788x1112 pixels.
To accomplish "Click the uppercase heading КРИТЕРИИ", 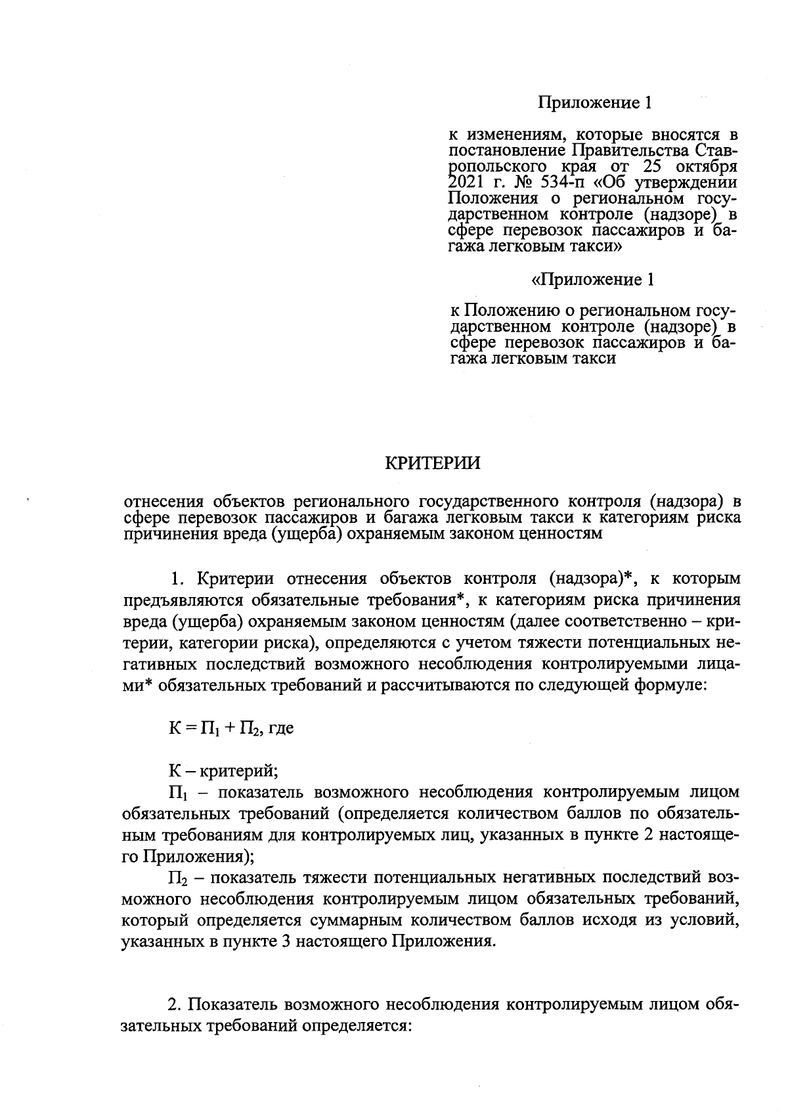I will [x=432, y=463].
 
